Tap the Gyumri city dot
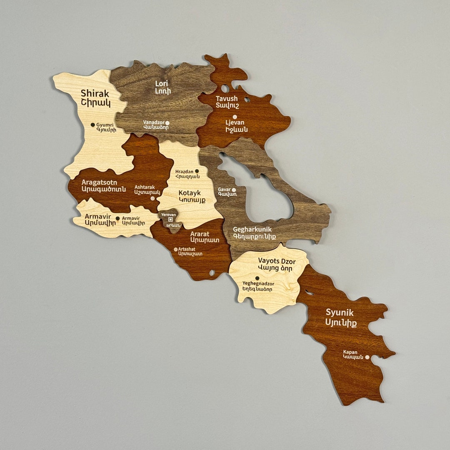tap(93, 125)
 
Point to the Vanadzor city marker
tap(167, 123)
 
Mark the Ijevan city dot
tap(235, 117)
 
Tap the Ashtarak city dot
tap(152, 198)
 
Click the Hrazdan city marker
tap(197, 171)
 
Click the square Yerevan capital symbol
tap(170, 219)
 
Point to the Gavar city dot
tap(234, 190)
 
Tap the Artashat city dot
tap(175, 250)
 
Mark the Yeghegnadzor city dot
tap(257, 278)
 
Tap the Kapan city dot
tap(367, 357)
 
